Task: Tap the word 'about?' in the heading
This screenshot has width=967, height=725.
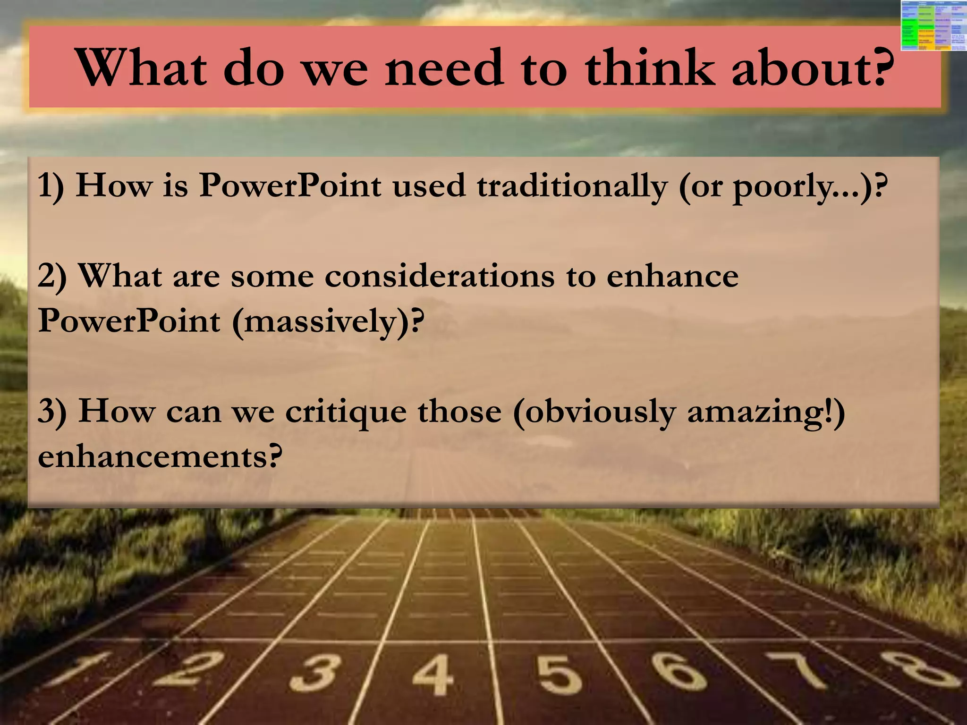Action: coord(813,67)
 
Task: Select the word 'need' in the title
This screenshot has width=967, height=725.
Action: coord(444,67)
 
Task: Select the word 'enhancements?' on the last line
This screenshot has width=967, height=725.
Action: coord(160,457)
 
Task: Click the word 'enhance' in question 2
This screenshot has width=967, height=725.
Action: coord(672,276)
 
